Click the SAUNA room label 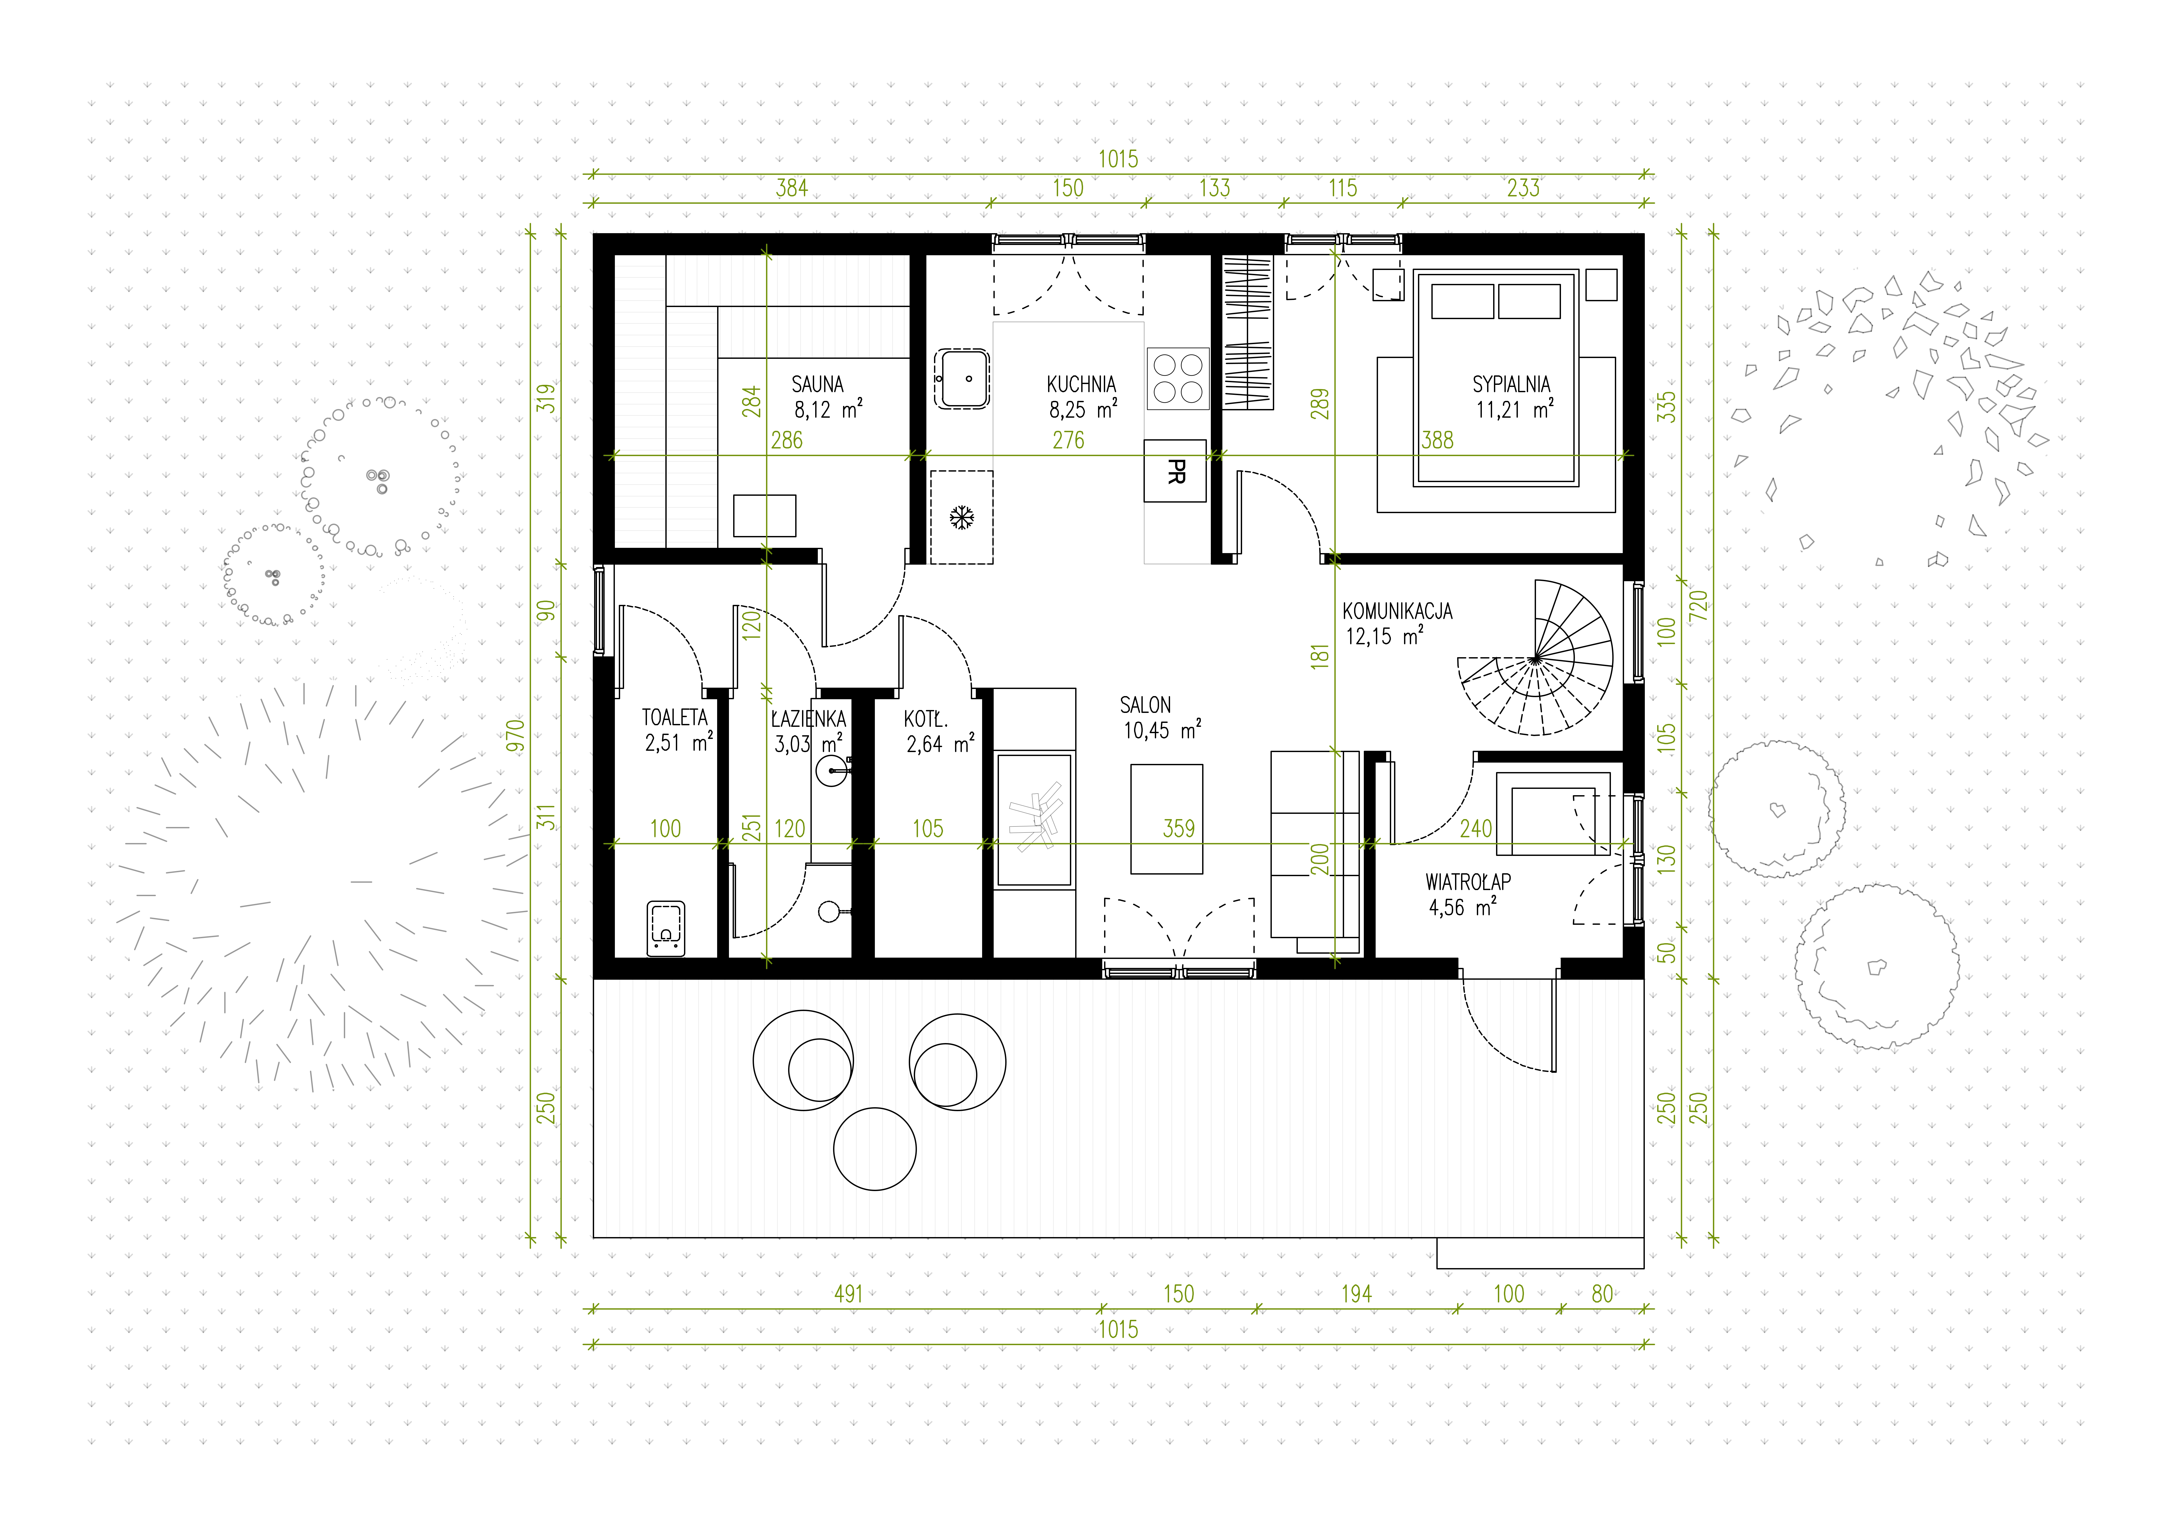(817, 385)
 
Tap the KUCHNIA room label (1081, 385)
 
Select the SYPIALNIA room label (1511, 385)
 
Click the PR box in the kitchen (1175, 471)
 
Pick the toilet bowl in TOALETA (666, 928)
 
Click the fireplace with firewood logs (1034, 820)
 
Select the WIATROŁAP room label (1468, 882)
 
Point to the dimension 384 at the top (792, 188)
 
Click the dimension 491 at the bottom (848, 1294)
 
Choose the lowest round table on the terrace (875, 1149)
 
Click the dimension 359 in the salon (1179, 829)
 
